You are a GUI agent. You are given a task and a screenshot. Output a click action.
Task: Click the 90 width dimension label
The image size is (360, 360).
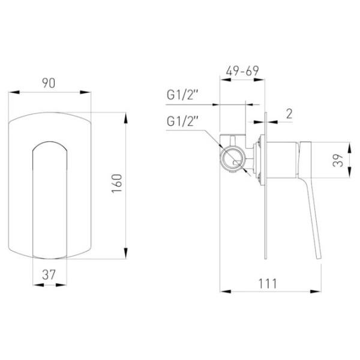point(49,83)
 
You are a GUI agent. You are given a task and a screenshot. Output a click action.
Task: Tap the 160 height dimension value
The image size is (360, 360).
point(117,184)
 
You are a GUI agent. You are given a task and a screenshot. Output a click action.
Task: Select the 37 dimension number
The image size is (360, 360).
point(49,275)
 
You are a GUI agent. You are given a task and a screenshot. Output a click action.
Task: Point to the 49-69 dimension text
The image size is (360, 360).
point(242,71)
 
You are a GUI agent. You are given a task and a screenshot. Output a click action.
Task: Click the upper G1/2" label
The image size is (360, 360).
point(182,95)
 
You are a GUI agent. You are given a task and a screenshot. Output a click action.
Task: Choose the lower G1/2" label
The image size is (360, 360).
point(182,121)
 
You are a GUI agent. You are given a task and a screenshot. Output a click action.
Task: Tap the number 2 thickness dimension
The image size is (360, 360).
point(289,114)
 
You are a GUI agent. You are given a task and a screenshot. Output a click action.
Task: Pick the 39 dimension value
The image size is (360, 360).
point(338,160)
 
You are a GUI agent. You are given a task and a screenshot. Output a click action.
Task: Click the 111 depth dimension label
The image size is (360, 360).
point(268,284)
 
